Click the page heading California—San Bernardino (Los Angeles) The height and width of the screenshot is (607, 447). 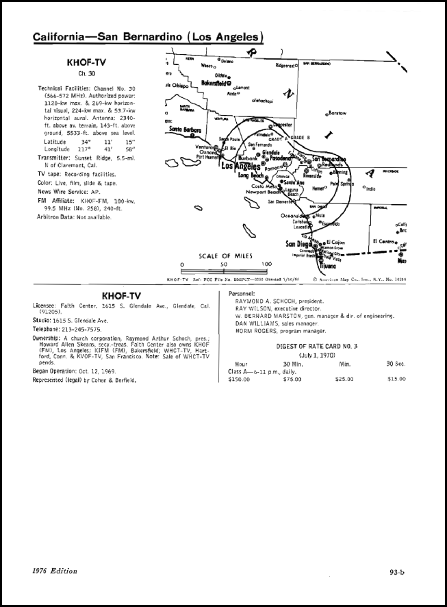148,37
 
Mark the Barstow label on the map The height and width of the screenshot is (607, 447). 337,113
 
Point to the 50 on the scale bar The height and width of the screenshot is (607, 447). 223,264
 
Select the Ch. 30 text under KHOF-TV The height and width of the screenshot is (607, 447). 86,74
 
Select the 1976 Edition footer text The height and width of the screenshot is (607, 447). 55,570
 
